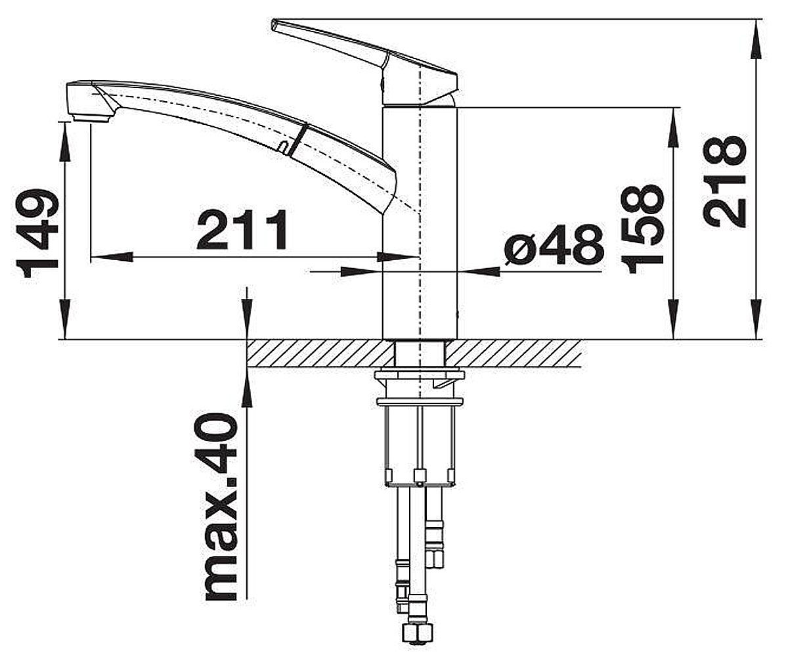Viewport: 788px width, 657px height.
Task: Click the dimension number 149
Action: click(x=37, y=233)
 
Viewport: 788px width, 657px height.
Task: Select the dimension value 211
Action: click(x=242, y=229)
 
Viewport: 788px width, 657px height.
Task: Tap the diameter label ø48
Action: click(x=555, y=244)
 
